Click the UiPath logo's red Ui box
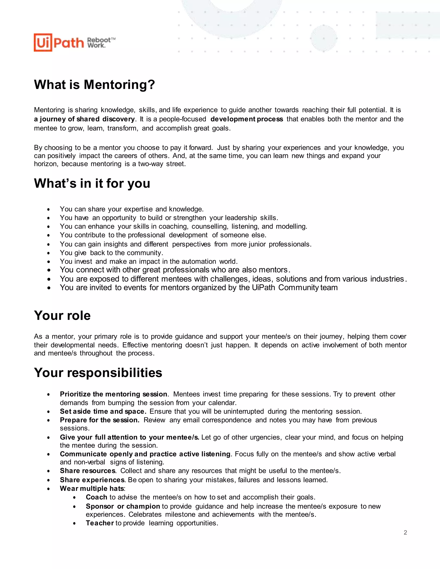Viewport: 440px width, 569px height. tap(43, 43)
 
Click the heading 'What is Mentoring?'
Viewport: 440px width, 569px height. tap(94, 85)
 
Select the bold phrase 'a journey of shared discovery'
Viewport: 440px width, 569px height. tap(84, 119)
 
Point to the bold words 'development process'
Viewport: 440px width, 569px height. tap(247, 119)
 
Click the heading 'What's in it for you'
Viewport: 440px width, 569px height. tap(92, 183)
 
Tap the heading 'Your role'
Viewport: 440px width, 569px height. tap(62, 315)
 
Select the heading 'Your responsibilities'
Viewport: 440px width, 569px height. tap(98, 373)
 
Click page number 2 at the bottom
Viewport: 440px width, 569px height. tap(405, 532)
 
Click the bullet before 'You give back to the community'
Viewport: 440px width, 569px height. tap(49, 253)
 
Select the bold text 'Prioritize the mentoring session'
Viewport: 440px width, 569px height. tap(113, 394)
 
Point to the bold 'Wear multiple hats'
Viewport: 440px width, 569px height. tap(92, 488)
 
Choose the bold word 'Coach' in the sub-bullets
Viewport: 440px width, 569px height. tap(96, 497)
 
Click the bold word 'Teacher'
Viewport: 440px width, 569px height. tap(100, 523)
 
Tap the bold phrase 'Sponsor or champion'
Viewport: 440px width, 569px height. tap(123, 506)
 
